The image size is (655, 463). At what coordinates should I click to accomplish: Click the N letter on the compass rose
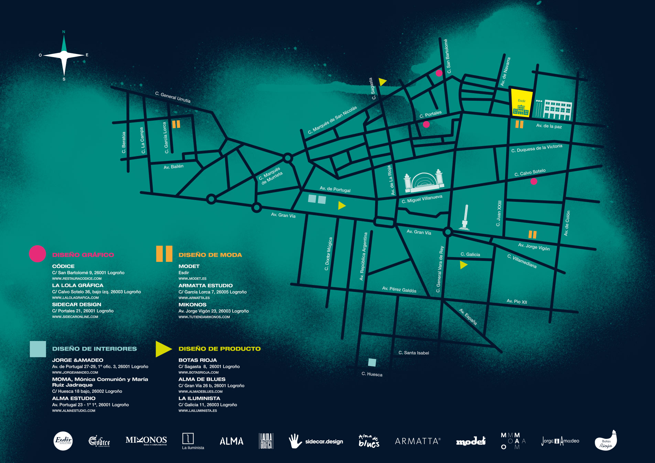point(64,32)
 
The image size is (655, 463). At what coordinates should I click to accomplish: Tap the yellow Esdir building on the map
point(521,103)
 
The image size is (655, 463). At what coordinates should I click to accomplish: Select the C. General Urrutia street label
point(173,97)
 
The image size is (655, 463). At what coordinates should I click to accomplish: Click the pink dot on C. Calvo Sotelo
point(534,181)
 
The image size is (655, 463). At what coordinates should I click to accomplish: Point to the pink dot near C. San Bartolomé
point(439,73)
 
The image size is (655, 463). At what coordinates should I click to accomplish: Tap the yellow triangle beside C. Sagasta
point(382,82)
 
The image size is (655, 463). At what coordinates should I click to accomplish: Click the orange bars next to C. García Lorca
point(176,124)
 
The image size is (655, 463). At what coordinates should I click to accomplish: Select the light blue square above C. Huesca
point(372,362)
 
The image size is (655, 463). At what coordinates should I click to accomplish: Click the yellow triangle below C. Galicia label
point(463,265)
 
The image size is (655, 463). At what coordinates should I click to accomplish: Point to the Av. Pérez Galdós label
point(399,290)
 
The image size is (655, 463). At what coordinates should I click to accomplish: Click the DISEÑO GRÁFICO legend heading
point(83,255)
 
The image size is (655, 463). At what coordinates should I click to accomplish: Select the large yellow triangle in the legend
point(163,349)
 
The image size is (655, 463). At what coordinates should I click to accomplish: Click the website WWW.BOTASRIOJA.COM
point(198,372)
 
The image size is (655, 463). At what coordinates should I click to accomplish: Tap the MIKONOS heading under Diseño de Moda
point(193,305)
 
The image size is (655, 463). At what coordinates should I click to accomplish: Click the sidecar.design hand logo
point(295,441)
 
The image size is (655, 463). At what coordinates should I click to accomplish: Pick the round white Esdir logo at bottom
point(63,441)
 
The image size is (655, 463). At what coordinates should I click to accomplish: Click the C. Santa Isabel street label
point(414,353)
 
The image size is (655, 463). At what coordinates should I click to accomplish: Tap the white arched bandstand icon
point(424,181)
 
